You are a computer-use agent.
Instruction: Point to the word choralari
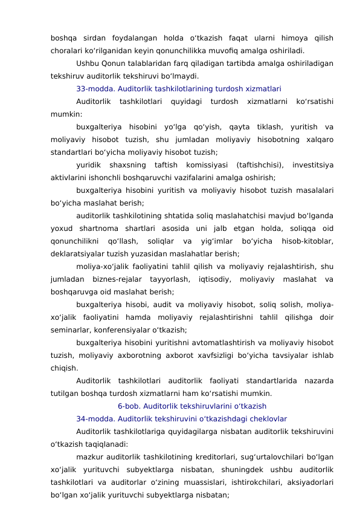(x=68, y=51)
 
